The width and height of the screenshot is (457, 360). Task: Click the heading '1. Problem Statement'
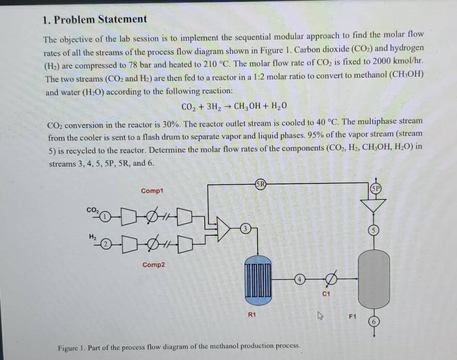point(95,20)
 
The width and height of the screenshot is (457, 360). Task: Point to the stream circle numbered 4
point(298,280)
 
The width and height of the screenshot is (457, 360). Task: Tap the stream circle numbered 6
point(374,321)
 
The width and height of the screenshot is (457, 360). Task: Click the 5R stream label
point(260,183)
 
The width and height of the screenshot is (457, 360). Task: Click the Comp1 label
point(152,191)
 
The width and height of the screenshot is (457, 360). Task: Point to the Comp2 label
point(153,265)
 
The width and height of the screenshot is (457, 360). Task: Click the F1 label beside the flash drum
point(352,315)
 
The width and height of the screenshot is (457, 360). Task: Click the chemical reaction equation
point(234,106)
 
